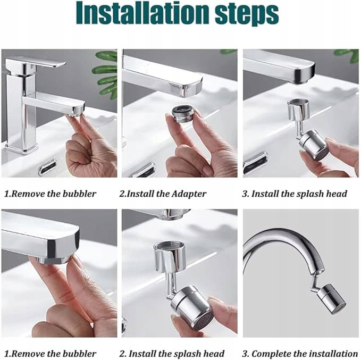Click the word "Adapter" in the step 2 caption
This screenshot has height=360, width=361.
point(189,194)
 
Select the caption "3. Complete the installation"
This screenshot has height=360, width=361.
point(300,354)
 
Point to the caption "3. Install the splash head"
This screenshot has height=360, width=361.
point(295,194)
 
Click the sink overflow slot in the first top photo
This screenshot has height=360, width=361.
point(48,167)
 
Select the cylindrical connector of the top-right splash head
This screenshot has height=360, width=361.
point(299,110)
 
